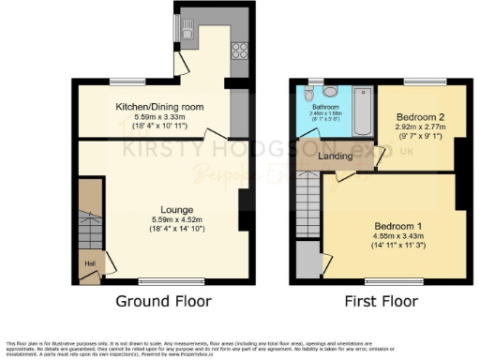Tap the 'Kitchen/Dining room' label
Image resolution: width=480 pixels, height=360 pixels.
(155, 107)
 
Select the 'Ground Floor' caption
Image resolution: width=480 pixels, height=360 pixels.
(163, 301)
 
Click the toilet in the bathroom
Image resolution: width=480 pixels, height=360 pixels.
(325, 92)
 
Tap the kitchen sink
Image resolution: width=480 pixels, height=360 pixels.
(187, 36)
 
